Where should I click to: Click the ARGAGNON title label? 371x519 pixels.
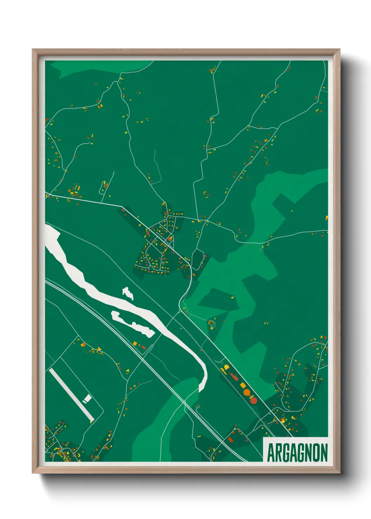pos(297,453)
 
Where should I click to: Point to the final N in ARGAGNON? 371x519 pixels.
pos(324,453)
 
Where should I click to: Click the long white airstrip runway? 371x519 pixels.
pos(72,395)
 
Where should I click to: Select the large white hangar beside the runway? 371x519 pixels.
pos(87,398)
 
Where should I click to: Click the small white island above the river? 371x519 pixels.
pos(127,293)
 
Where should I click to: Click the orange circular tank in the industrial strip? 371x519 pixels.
pos(247,392)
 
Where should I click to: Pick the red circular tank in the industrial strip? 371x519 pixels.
pos(254,400)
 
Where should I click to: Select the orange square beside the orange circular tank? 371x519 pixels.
pos(243,385)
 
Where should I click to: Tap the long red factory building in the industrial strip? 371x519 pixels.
pos(234,377)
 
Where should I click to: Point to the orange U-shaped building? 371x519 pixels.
pos(211,323)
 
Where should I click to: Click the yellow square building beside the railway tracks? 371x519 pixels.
pos(135,343)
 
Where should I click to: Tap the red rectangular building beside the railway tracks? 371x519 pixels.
pos(143,347)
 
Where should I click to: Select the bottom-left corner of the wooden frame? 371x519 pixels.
pos(33,472)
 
